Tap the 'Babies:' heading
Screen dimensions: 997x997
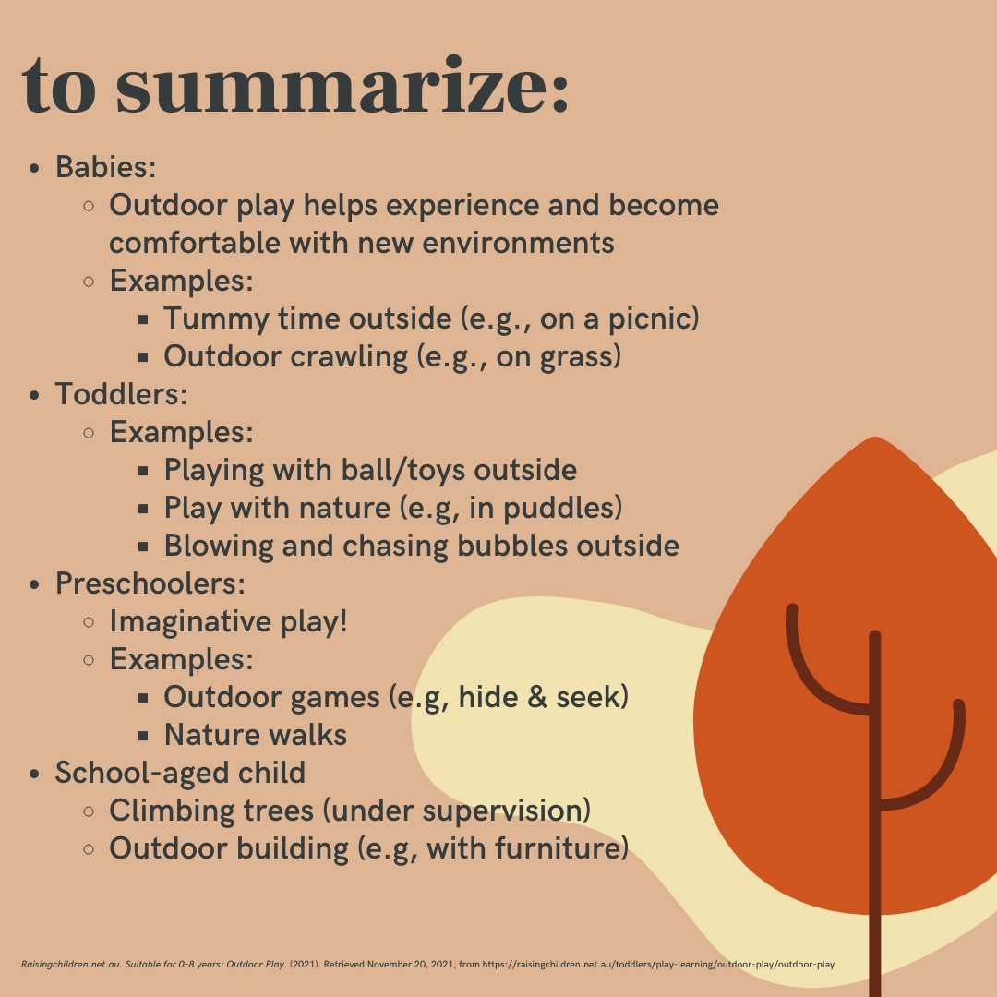click(105, 167)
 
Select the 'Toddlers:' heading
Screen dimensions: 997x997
click(121, 394)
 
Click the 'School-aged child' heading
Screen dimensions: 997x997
click(180, 773)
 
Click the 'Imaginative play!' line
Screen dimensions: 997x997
click(228, 621)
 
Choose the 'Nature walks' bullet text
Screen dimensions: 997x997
click(255, 735)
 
